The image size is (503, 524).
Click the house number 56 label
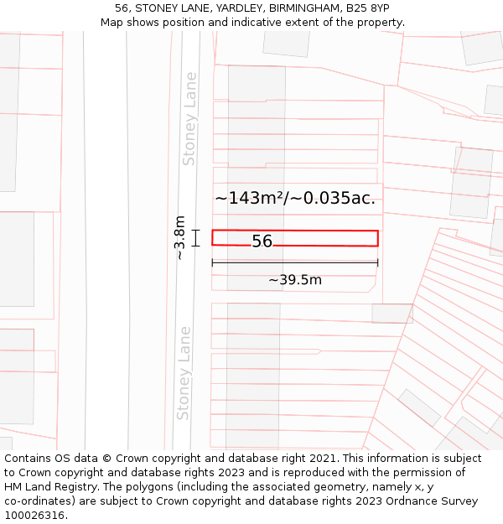(262, 241)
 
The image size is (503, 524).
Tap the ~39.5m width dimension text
(294, 280)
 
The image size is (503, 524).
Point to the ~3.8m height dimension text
(179, 237)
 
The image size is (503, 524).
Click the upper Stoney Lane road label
(190, 118)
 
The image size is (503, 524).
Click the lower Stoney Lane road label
(184, 373)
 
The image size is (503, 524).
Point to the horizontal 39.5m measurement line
(294, 263)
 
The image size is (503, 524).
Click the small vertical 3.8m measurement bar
(196, 238)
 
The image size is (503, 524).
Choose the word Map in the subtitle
(112, 23)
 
